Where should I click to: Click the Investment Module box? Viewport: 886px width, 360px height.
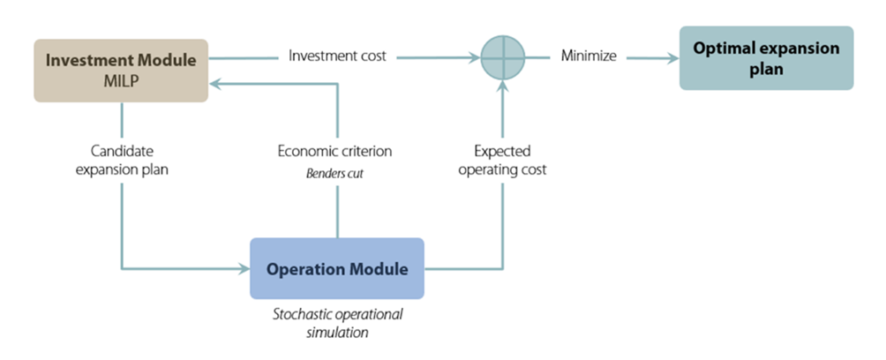coord(121,70)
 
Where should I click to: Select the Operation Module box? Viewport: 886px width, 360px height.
coord(337,268)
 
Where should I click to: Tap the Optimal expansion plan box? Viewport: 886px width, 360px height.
coord(766,58)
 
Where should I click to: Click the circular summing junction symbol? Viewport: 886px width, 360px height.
coord(503,58)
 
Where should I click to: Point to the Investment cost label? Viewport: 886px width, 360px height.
coord(338,56)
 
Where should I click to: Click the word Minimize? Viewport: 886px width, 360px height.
coord(589,56)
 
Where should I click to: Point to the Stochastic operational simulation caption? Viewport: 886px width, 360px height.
coord(337,323)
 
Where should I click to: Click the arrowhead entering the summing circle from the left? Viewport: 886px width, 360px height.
coord(474,58)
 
